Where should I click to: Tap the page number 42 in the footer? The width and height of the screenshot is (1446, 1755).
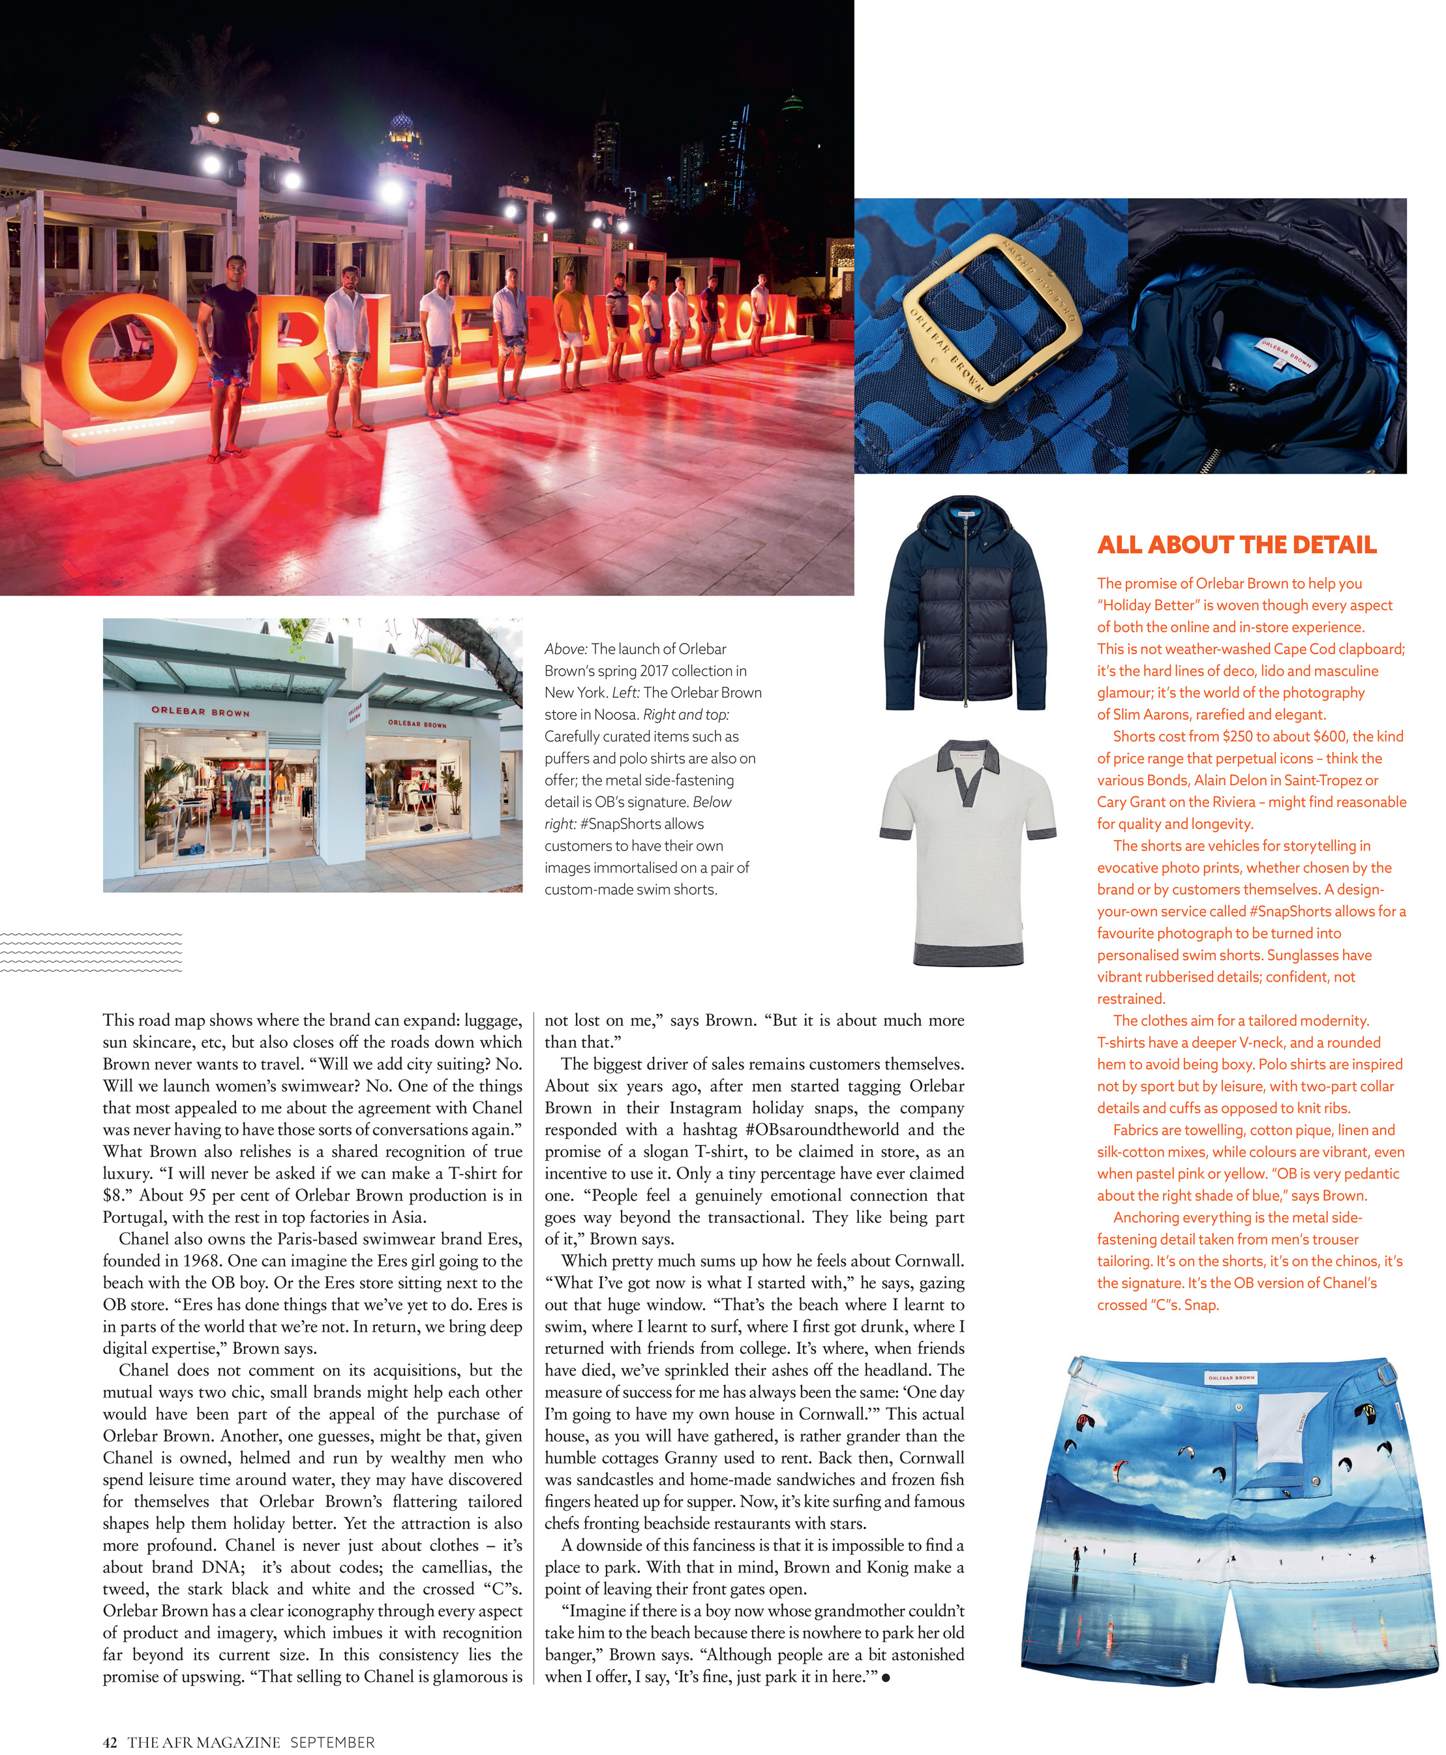(x=110, y=1742)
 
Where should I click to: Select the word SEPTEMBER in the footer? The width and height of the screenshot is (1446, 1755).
(x=333, y=1742)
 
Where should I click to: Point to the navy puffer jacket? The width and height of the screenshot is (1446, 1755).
(x=965, y=604)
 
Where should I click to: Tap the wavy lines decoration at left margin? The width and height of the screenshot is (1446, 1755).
(x=91, y=952)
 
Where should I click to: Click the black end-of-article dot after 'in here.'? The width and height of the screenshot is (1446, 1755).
(x=886, y=1677)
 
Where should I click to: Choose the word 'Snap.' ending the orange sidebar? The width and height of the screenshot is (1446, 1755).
(x=1201, y=1305)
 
